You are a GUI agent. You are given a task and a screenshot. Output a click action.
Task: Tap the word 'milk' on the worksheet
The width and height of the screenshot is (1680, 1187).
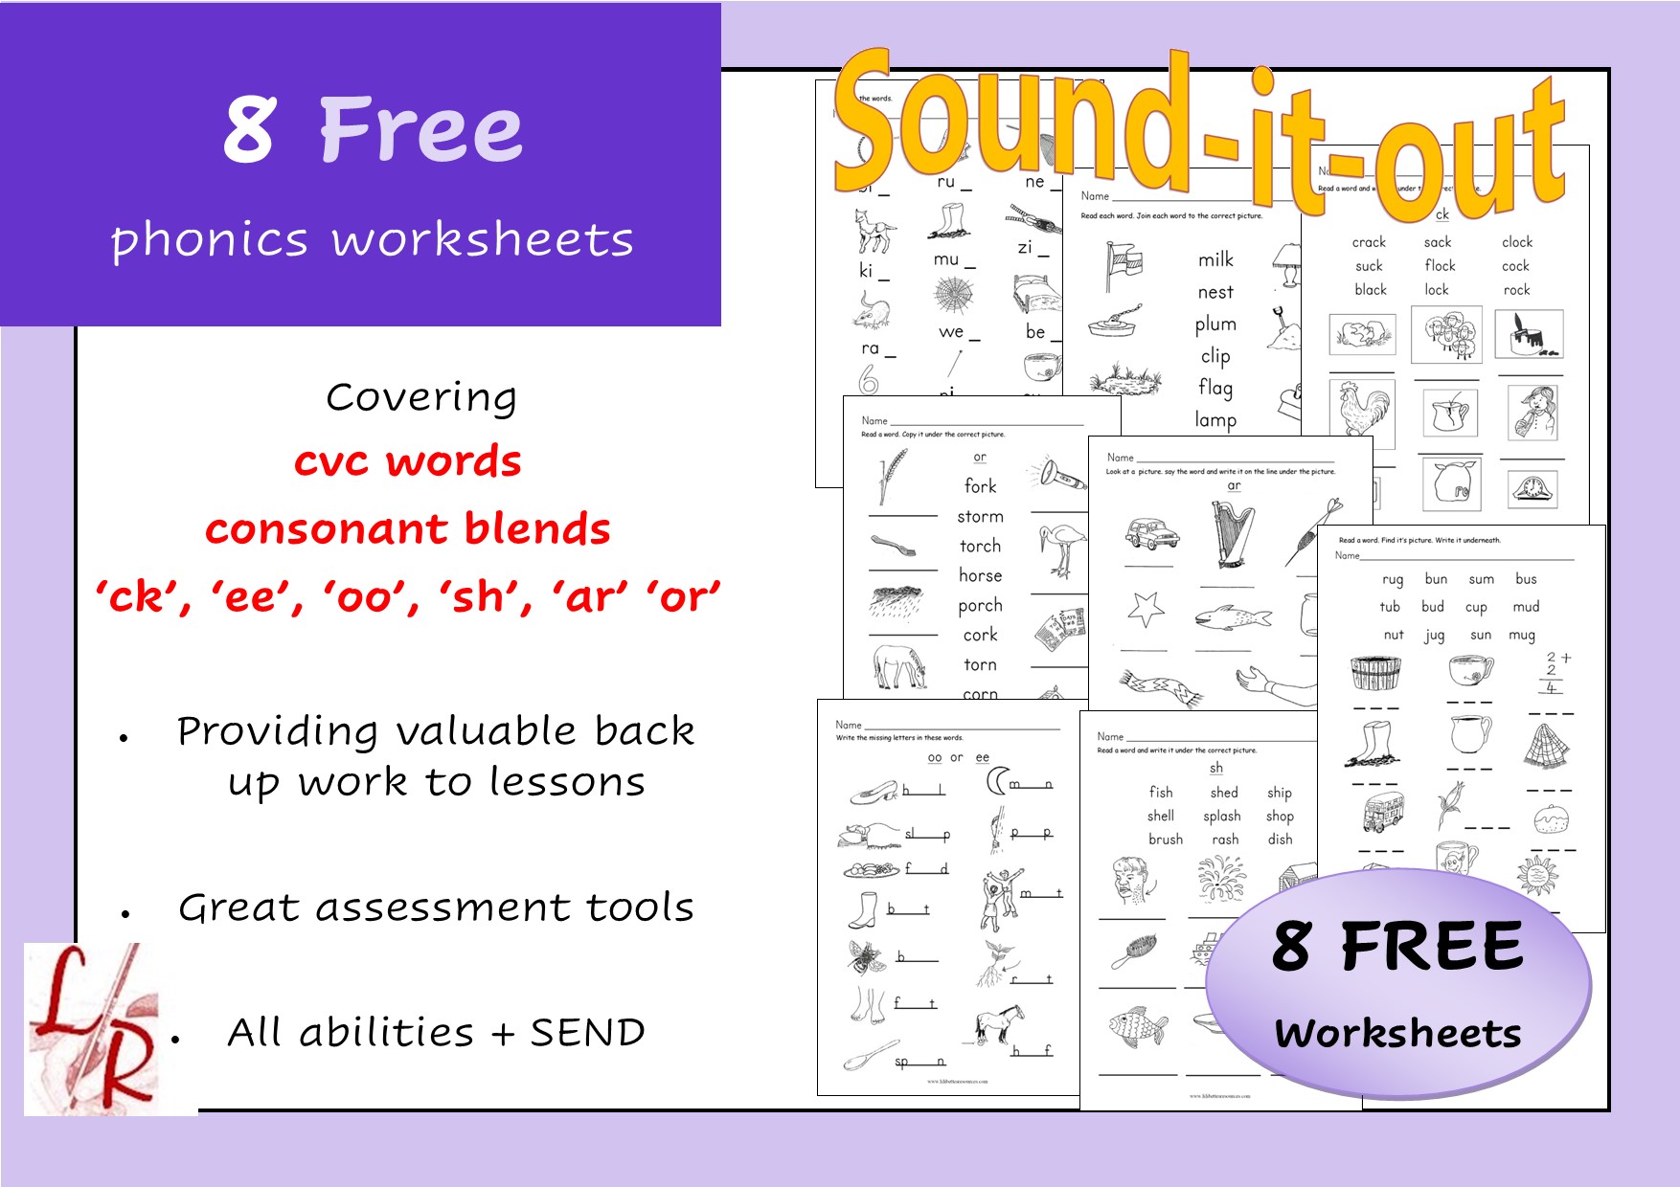pos(1215,260)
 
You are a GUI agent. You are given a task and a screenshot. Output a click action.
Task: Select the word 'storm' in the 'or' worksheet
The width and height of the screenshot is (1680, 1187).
pos(980,517)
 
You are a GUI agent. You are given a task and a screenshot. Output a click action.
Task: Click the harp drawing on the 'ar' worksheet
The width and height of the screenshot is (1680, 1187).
pos(1232,536)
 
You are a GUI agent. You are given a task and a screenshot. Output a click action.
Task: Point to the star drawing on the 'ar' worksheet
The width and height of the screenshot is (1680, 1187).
pos(1146,609)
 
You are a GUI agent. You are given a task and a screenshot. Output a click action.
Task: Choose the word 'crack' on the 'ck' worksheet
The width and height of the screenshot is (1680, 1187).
pos(1369,242)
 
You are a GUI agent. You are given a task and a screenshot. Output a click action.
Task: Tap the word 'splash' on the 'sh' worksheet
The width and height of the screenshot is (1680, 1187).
pos(1221,817)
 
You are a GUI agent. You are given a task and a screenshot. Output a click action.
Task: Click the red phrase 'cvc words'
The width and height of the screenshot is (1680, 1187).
pos(407,461)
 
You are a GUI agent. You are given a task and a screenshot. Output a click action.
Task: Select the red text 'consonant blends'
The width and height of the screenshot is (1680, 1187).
pos(407,529)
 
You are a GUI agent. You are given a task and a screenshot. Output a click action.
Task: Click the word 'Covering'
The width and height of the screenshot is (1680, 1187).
pos(421,397)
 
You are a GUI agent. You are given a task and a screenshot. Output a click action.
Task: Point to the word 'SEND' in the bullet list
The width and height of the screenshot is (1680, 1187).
pos(587,1033)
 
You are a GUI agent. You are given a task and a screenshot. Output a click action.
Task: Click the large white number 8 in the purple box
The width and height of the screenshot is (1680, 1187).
pos(251,129)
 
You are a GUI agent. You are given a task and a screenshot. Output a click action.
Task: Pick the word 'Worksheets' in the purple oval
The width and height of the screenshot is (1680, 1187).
pos(1397,1034)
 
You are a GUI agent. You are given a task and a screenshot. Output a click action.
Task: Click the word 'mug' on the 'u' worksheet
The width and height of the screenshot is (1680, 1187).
pos(1521,635)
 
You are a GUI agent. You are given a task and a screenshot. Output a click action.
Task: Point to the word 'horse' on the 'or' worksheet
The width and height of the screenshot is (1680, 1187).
pos(980,575)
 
